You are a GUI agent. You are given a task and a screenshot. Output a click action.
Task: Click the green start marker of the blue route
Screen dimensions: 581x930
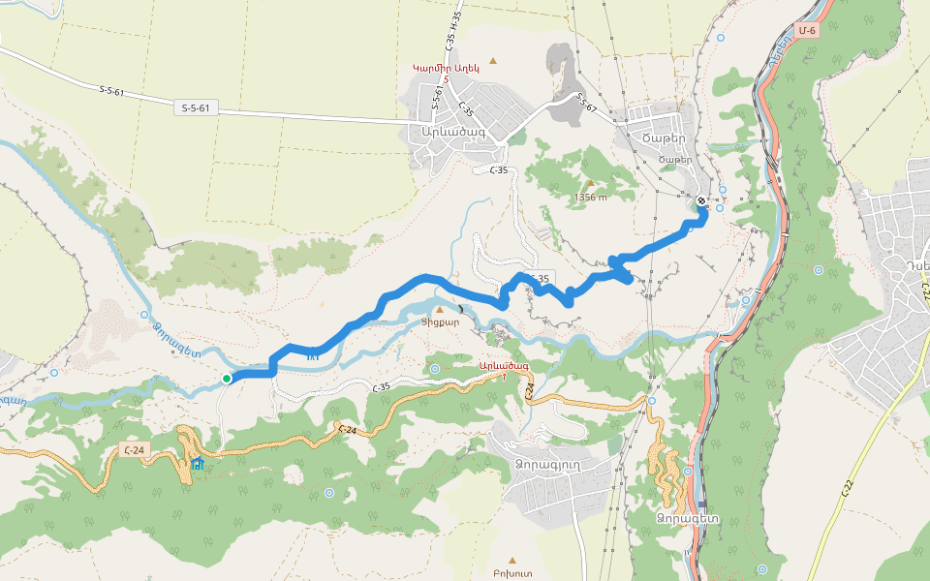pos(226,379)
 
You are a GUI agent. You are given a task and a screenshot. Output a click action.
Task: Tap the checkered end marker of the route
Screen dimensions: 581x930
pos(701,201)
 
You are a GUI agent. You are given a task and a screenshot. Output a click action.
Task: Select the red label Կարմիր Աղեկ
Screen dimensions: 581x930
pos(446,68)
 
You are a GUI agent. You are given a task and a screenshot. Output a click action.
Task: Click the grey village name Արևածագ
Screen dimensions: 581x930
pos(450,132)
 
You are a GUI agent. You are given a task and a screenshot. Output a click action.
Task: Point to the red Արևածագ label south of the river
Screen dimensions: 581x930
pos(504,366)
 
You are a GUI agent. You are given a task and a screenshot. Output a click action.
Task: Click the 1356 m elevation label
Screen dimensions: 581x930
pos(589,198)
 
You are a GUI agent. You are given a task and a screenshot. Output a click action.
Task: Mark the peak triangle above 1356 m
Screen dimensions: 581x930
pos(589,182)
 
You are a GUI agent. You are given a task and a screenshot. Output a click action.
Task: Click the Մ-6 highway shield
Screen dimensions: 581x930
pos(807,31)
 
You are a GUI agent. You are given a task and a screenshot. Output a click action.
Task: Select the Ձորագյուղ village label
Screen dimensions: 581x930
pos(548,463)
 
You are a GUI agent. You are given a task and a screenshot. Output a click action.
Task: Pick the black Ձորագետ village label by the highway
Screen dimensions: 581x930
pos(686,517)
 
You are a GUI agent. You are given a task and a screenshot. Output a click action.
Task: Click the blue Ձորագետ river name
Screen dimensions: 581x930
pos(176,340)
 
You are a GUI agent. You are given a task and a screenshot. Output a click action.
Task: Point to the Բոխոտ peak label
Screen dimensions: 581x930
pos(511,574)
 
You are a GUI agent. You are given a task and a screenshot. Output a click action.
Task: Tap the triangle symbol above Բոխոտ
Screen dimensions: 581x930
pos(511,560)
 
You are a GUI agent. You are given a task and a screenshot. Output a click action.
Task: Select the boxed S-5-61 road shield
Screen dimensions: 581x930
pos(194,108)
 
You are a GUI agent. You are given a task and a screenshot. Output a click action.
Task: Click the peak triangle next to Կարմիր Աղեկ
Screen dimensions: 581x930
pos(493,62)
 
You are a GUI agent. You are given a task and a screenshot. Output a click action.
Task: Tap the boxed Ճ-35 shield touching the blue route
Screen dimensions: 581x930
pos(539,279)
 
